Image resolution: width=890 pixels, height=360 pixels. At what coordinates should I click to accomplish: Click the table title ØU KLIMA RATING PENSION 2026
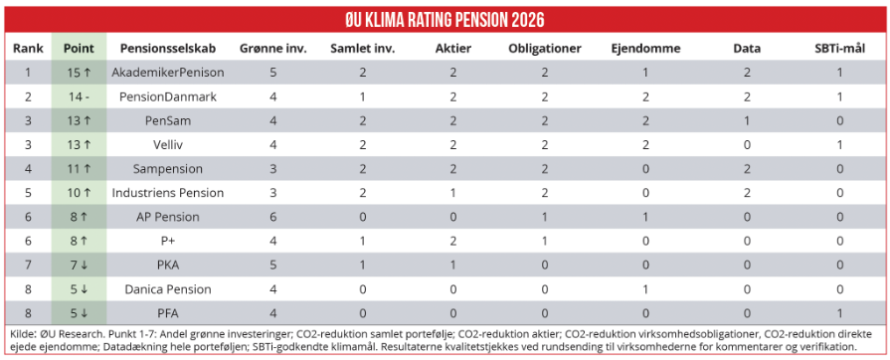[445, 20]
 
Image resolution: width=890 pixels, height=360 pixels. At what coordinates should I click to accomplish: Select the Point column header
[79, 49]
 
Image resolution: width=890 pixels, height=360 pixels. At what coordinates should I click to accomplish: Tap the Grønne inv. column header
[273, 49]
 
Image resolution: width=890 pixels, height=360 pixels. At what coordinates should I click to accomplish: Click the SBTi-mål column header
[839, 49]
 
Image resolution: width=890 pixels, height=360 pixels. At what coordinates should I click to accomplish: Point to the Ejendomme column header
[645, 49]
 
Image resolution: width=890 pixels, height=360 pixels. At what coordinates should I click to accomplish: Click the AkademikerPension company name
[168, 73]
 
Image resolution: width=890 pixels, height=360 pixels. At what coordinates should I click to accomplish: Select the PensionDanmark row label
[168, 96]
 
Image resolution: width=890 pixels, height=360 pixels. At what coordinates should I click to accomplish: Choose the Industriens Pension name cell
[168, 193]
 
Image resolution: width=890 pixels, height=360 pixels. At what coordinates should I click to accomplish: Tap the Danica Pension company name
[168, 289]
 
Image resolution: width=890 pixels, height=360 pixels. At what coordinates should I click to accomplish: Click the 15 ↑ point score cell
[79, 73]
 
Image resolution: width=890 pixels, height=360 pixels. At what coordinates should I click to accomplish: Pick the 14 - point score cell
[79, 96]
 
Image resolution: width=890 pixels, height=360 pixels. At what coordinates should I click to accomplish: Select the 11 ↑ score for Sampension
[79, 169]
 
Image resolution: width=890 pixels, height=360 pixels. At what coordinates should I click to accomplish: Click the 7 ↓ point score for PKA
[79, 265]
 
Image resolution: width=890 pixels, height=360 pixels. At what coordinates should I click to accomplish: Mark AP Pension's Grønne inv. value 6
[273, 217]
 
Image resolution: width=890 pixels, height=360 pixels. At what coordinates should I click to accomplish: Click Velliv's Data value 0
[747, 145]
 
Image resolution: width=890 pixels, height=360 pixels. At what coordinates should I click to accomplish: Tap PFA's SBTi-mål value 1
[839, 313]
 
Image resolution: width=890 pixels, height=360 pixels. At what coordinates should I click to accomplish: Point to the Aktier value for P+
[453, 241]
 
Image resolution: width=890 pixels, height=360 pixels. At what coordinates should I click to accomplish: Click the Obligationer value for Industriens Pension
[545, 193]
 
